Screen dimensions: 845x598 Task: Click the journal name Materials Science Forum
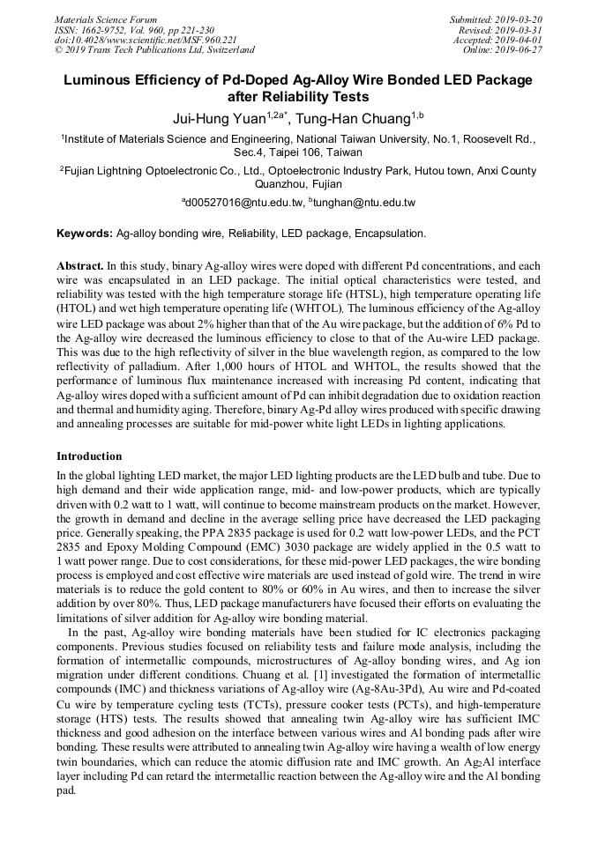coord(106,19)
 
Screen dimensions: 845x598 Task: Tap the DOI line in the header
coord(146,40)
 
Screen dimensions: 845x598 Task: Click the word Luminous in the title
coord(101,80)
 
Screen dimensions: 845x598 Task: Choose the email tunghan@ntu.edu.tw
coord(362,203)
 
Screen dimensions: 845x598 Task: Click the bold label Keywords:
coord(85,233)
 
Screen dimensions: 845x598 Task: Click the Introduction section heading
coord(89,456)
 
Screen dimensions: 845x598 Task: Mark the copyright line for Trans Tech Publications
coord(154,50)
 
